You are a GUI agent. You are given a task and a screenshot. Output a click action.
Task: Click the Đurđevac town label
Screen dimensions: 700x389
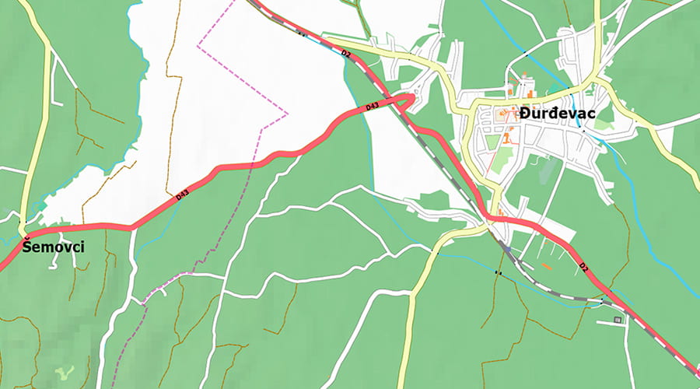pos(558,114)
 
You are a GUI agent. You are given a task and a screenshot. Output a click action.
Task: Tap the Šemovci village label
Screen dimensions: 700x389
pos(53,247)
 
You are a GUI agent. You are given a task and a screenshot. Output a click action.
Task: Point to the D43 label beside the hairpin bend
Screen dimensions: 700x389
pos(371,106)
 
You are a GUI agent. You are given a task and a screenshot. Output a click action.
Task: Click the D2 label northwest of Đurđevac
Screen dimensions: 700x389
pos(345,54)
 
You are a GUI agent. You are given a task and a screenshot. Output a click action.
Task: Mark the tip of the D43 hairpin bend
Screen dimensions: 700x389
pos(411,96)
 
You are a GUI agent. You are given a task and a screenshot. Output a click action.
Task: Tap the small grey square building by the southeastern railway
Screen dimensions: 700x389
pos(618,319)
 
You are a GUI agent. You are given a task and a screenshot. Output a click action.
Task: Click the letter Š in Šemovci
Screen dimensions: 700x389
pos(27,247)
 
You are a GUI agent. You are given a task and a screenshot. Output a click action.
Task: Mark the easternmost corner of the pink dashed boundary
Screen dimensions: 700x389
pos(287,114)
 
